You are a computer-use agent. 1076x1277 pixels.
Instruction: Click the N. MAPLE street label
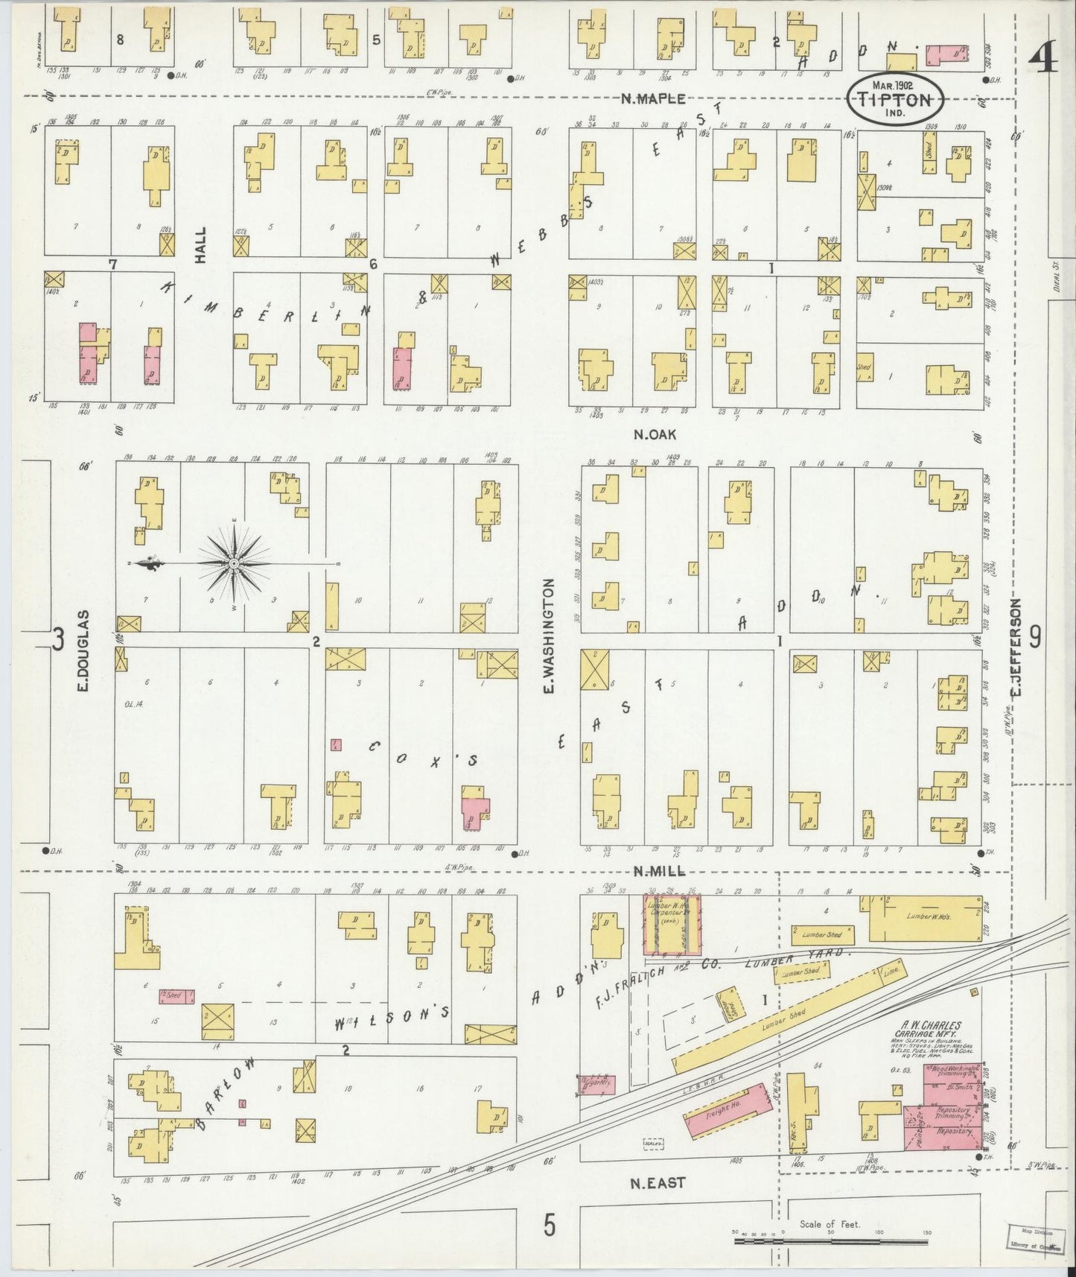point(654,99)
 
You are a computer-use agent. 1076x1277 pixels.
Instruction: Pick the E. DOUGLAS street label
point(83,650)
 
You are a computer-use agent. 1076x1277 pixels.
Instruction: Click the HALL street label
point(200,245)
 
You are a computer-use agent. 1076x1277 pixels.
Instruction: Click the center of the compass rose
point(234,564)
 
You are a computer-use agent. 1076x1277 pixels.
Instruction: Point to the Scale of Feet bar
point(830,1240)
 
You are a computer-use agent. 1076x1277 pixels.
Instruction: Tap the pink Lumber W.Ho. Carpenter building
point(672,925)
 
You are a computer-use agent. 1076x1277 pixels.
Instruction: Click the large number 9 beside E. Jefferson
point(1035,637)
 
